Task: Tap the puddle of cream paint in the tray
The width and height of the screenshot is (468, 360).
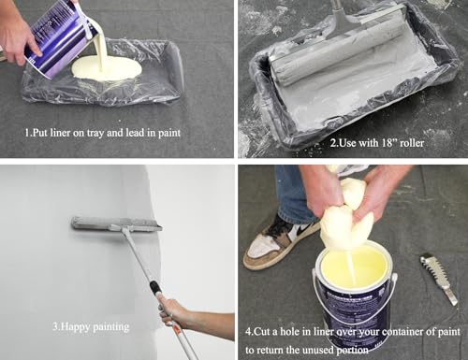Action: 114,69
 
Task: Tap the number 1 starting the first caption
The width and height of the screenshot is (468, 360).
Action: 27,132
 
